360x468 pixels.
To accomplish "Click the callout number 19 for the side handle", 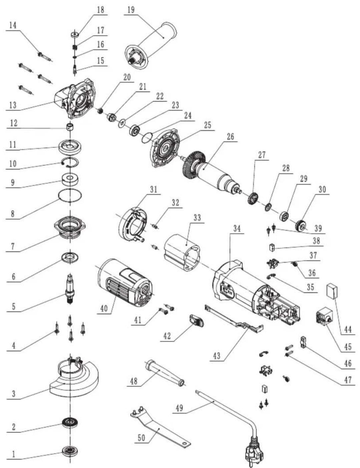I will (x=131, y=9).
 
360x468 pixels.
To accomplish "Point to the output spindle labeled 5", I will (x=70, y=289).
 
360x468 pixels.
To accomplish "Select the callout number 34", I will (x=237, y=228).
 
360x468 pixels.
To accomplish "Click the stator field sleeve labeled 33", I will (x=182, y=254).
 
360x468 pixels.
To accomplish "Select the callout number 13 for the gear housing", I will (x=12, y=105).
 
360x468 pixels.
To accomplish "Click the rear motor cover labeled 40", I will (x=125, y=284).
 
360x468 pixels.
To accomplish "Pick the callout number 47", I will (x=348, y=380).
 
